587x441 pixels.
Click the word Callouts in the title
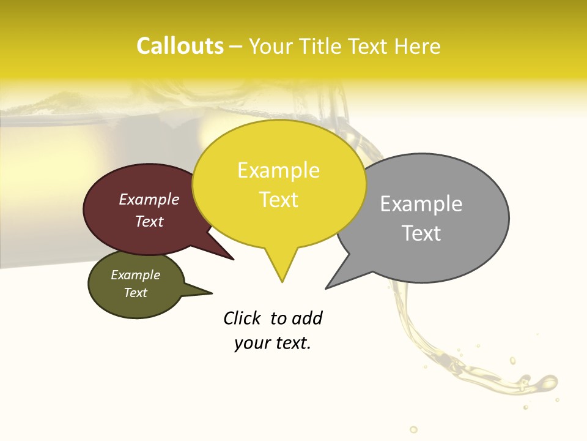click(x=180, y=46)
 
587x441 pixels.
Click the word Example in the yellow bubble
click(x=278, y=170)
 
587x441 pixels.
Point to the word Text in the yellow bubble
click(x=278, y=200)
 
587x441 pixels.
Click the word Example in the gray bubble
click(x=421, y=204)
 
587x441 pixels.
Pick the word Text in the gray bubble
click(x=421, y=233)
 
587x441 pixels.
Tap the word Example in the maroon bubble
click(x=149, y=199)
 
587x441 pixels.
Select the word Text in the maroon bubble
click(x=149, y=221)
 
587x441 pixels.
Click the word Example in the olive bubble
click(x=135, y=275)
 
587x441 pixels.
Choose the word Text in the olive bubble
click(x=135, y=293)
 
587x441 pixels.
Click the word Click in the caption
click(x=242, y=318)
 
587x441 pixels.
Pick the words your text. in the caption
click(x=273, y=343)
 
